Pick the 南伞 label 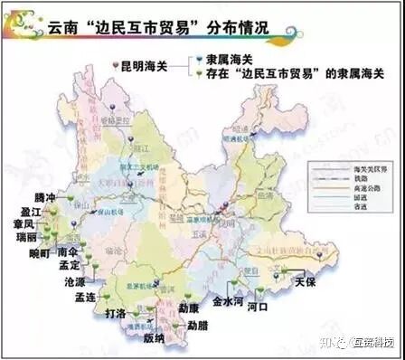click(x=68, y=254)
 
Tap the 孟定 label click(x=68, y=267)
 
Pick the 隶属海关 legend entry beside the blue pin click(x=227, y=59)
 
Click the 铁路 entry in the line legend click(x=347, y=179)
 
